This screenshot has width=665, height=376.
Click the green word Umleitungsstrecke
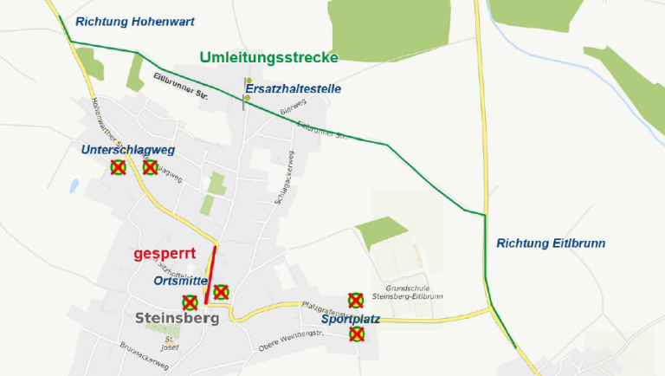tap(268, 57)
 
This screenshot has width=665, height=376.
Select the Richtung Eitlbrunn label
tap(551, 243)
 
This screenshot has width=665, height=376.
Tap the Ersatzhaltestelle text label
tap(294, 88)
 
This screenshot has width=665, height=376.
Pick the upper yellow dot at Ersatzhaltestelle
tap(248, 81)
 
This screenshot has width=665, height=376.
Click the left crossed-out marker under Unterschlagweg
tap(118, 167)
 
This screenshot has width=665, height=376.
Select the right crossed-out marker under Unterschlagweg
tap(150, 166)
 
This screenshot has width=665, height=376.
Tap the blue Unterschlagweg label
tap(128, 150)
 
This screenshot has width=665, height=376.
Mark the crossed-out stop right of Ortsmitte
tap(221, 292)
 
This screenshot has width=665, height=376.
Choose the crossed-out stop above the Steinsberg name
tap(190, 302)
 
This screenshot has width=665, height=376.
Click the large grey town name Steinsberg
tap(178, 318)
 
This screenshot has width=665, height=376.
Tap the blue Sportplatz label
tap(350, 319)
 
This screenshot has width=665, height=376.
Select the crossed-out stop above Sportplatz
tap(355, 300)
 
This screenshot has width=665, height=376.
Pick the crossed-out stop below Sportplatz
tap(356, 334)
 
